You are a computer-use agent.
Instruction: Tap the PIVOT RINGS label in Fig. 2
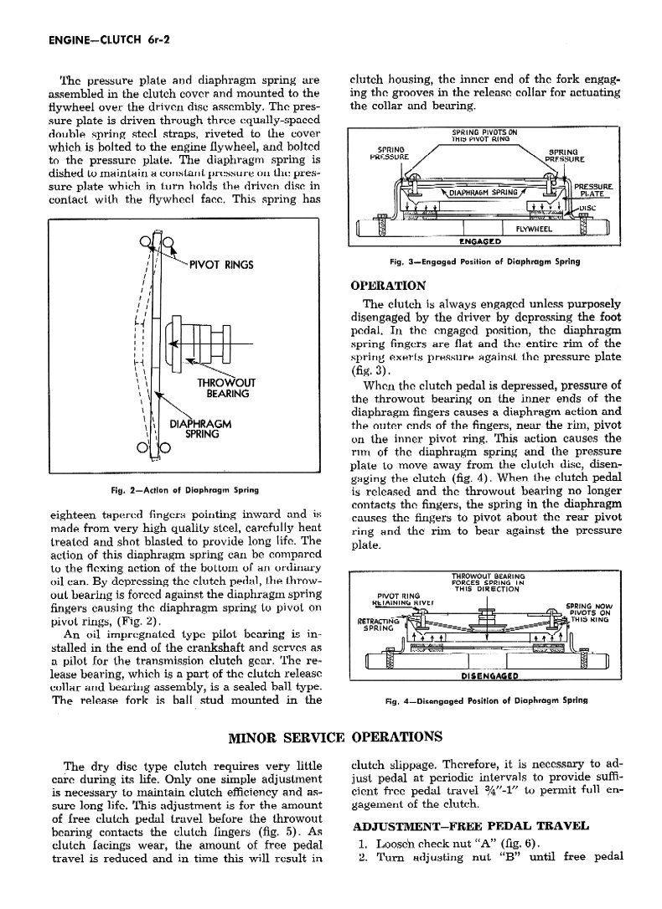coord(222,266)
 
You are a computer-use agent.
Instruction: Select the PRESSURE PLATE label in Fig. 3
coord(593,191)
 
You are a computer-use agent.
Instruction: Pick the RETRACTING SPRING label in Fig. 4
coord(375,624)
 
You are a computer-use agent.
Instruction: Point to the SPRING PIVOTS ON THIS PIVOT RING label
coord(484,136)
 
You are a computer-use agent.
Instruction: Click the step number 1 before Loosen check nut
coord(357,843)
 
